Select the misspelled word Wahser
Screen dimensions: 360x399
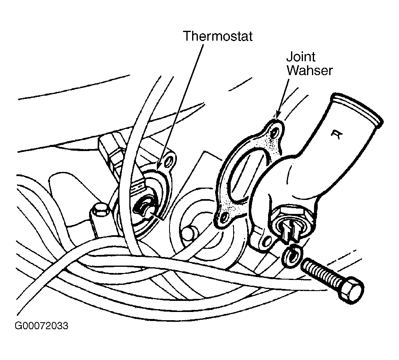(x=309, y=70)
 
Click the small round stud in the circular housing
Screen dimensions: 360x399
(x=189, y=233)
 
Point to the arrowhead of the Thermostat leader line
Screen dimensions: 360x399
(x=157, y=169)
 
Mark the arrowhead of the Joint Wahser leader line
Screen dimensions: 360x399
(x=277, y=117)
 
